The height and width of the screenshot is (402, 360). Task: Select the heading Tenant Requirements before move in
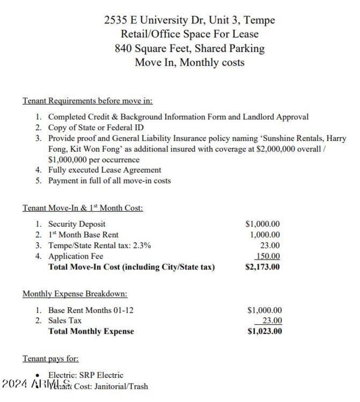pos(88,101)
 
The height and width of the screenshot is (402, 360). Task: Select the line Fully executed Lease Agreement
pos(104,170)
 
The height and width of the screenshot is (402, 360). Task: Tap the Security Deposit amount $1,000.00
pos(262,224)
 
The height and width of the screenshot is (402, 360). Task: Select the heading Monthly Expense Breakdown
pos(75,294)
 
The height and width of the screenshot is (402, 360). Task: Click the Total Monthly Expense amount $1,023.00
pos(265,331)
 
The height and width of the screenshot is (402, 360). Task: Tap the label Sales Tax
pos(65,321)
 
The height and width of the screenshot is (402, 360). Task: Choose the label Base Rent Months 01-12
pos(91,310)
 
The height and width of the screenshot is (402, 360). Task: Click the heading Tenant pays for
pos(51,358)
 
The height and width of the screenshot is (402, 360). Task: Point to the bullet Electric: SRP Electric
pos(85,375)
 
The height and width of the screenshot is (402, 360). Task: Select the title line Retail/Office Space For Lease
pos(189,34)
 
